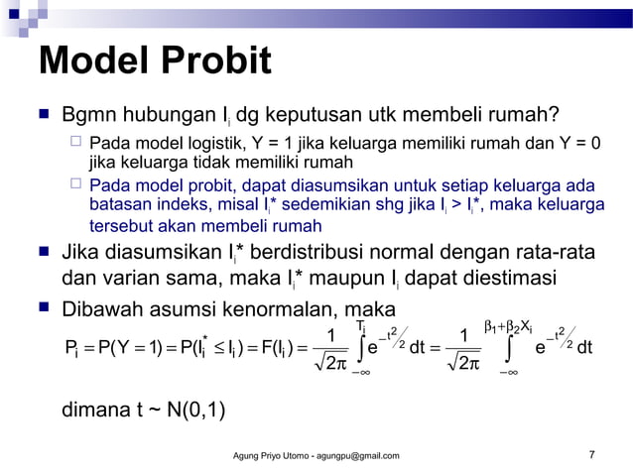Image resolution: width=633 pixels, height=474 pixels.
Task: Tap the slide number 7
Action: tap(591, 455)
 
